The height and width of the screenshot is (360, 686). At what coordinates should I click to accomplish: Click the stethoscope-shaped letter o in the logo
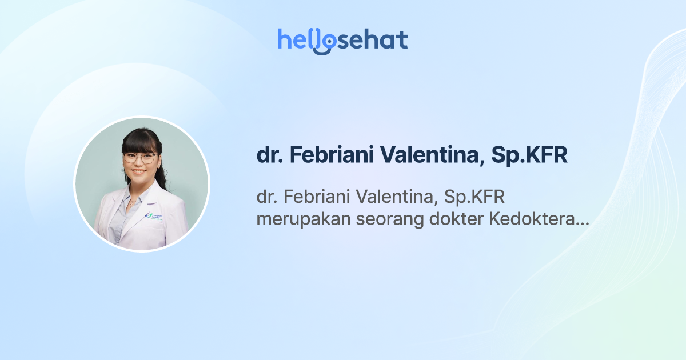coord(324,42)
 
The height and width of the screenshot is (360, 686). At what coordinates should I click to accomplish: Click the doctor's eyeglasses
coord(140,157)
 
